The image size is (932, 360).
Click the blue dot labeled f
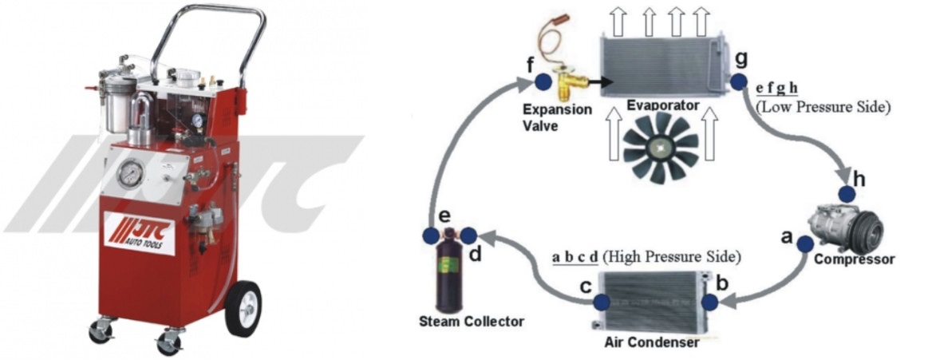tap(543, 82)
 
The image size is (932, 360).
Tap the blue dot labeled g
tap(738, 81)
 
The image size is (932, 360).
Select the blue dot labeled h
tap(847, 194)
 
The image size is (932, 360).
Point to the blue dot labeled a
tap(804, 243)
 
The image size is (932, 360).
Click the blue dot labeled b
tap(708, 302)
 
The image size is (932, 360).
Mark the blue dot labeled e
tap(430, 235)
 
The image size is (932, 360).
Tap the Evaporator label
tap(663, 105)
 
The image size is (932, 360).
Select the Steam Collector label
tap(472, 321)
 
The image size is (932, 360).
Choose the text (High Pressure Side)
tap(671, 257)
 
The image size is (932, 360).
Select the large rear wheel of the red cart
tap(243, 306)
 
